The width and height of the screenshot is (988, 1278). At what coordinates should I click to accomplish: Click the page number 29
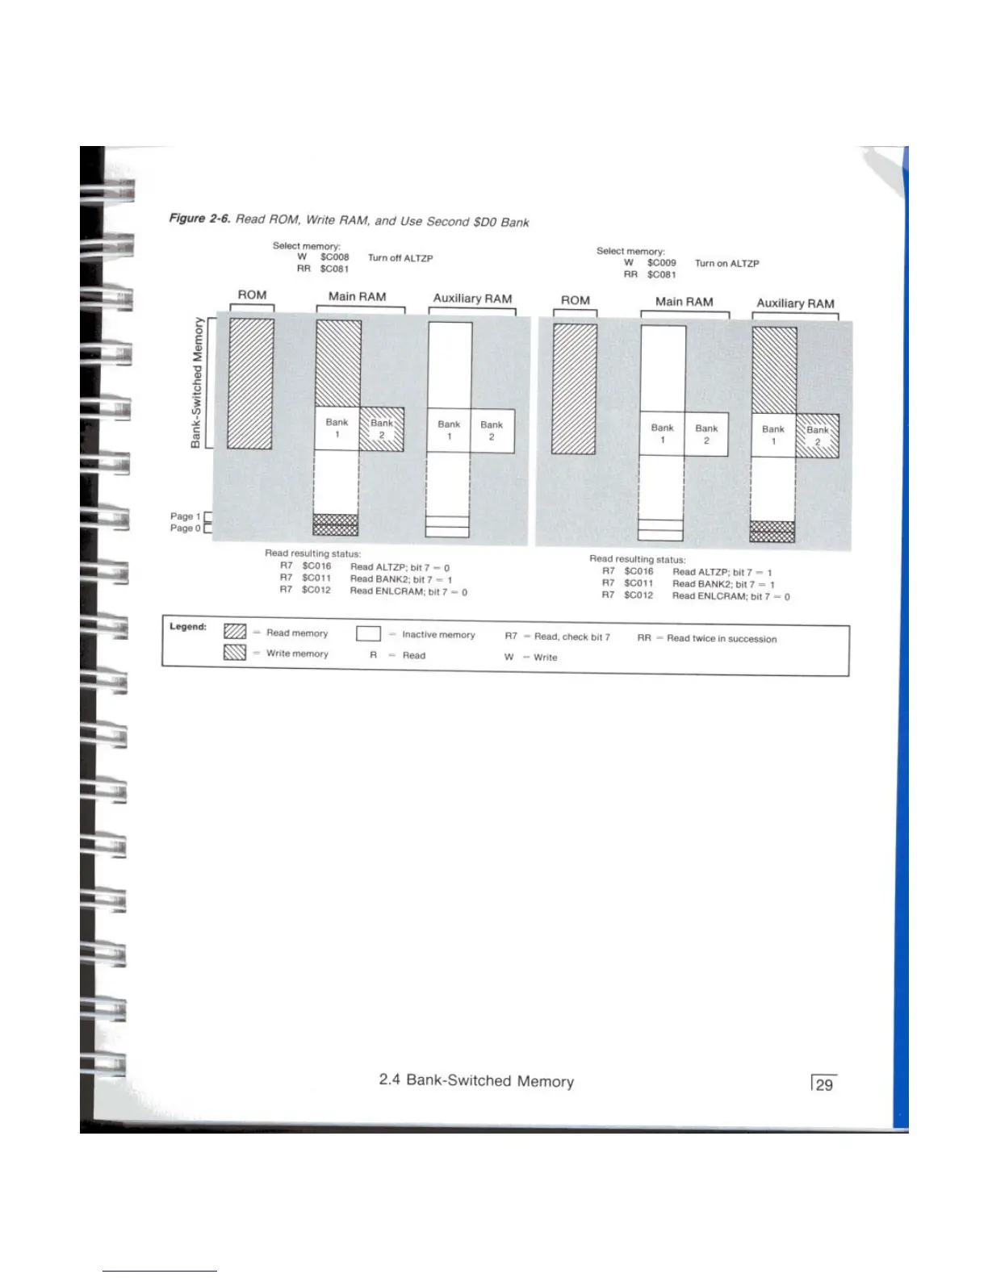[x=824, y=1084]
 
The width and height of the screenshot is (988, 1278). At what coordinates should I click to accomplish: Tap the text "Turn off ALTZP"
[x=400, y=258]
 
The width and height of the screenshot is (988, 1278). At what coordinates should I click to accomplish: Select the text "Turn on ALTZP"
[x=726, y=263]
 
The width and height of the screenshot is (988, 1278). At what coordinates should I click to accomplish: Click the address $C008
[x=334, y=257]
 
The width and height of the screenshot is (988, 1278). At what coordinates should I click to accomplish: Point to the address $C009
[x=661, y=262]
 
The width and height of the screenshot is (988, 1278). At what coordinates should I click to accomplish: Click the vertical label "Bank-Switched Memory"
[x=196, y=382]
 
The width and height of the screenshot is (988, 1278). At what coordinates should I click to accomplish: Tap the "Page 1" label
[x=182, y=516]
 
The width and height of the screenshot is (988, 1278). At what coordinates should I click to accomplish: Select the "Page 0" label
[x=182, y=528]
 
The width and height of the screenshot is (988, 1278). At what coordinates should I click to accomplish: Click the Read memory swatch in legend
[x=234, y=632]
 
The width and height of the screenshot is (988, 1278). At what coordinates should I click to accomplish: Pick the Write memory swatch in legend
[x=234, y=652]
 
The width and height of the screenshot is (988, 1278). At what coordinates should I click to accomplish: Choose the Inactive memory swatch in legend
[x=368, y=633]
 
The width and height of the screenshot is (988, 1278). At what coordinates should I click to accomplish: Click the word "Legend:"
[x=188, y=627]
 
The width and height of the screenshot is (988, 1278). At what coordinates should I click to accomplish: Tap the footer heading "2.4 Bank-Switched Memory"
[x=476, y=1080]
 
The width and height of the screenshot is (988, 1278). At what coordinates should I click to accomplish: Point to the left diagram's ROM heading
[x=252, y=295]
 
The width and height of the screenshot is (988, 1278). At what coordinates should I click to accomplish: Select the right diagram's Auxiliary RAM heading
[x=795, y=303]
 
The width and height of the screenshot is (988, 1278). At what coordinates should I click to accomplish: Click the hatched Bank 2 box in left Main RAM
[x=382, y=429]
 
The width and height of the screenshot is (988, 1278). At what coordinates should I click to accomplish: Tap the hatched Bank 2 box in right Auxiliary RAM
[x=818, y=436]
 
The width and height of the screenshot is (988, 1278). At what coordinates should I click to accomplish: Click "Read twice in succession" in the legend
[x=721, y=638]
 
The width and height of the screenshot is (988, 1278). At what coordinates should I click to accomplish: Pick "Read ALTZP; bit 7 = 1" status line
[x=722, y=572]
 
